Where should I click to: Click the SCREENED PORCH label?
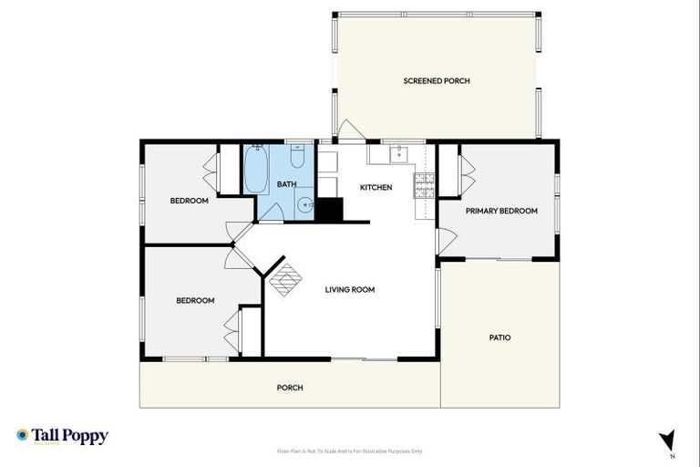(x=437, y=81)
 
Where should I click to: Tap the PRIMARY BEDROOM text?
(x=501, y=211)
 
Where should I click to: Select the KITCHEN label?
(x=376, y=188)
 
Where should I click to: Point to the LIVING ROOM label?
(x=350, y=290)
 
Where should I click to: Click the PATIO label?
(x=499, y=337)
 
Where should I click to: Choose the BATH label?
(x=287, y=184)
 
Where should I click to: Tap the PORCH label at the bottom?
(x=290, y=388)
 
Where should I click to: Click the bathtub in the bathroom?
(x=255, y=171)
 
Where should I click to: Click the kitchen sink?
(x=398, y=155)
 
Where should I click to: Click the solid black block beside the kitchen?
(x=328, y=210)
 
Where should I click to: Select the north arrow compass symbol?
(x=668, y=441)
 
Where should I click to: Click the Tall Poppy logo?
(x=62, y=436)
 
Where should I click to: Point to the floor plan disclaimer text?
(x=349, y=451)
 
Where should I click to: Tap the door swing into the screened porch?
(x=351, y=130)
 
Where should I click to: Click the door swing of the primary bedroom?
(x=446, y=242)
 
